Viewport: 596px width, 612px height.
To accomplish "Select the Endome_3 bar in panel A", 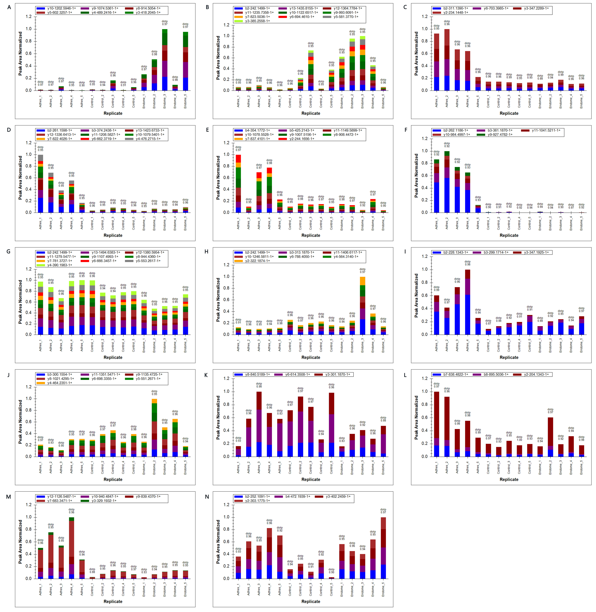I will [165, 59].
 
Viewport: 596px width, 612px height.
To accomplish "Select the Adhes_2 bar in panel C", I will [447, 59].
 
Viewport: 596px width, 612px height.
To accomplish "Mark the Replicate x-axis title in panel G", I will [113, 357].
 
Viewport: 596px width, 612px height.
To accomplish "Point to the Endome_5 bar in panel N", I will [383, 548].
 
